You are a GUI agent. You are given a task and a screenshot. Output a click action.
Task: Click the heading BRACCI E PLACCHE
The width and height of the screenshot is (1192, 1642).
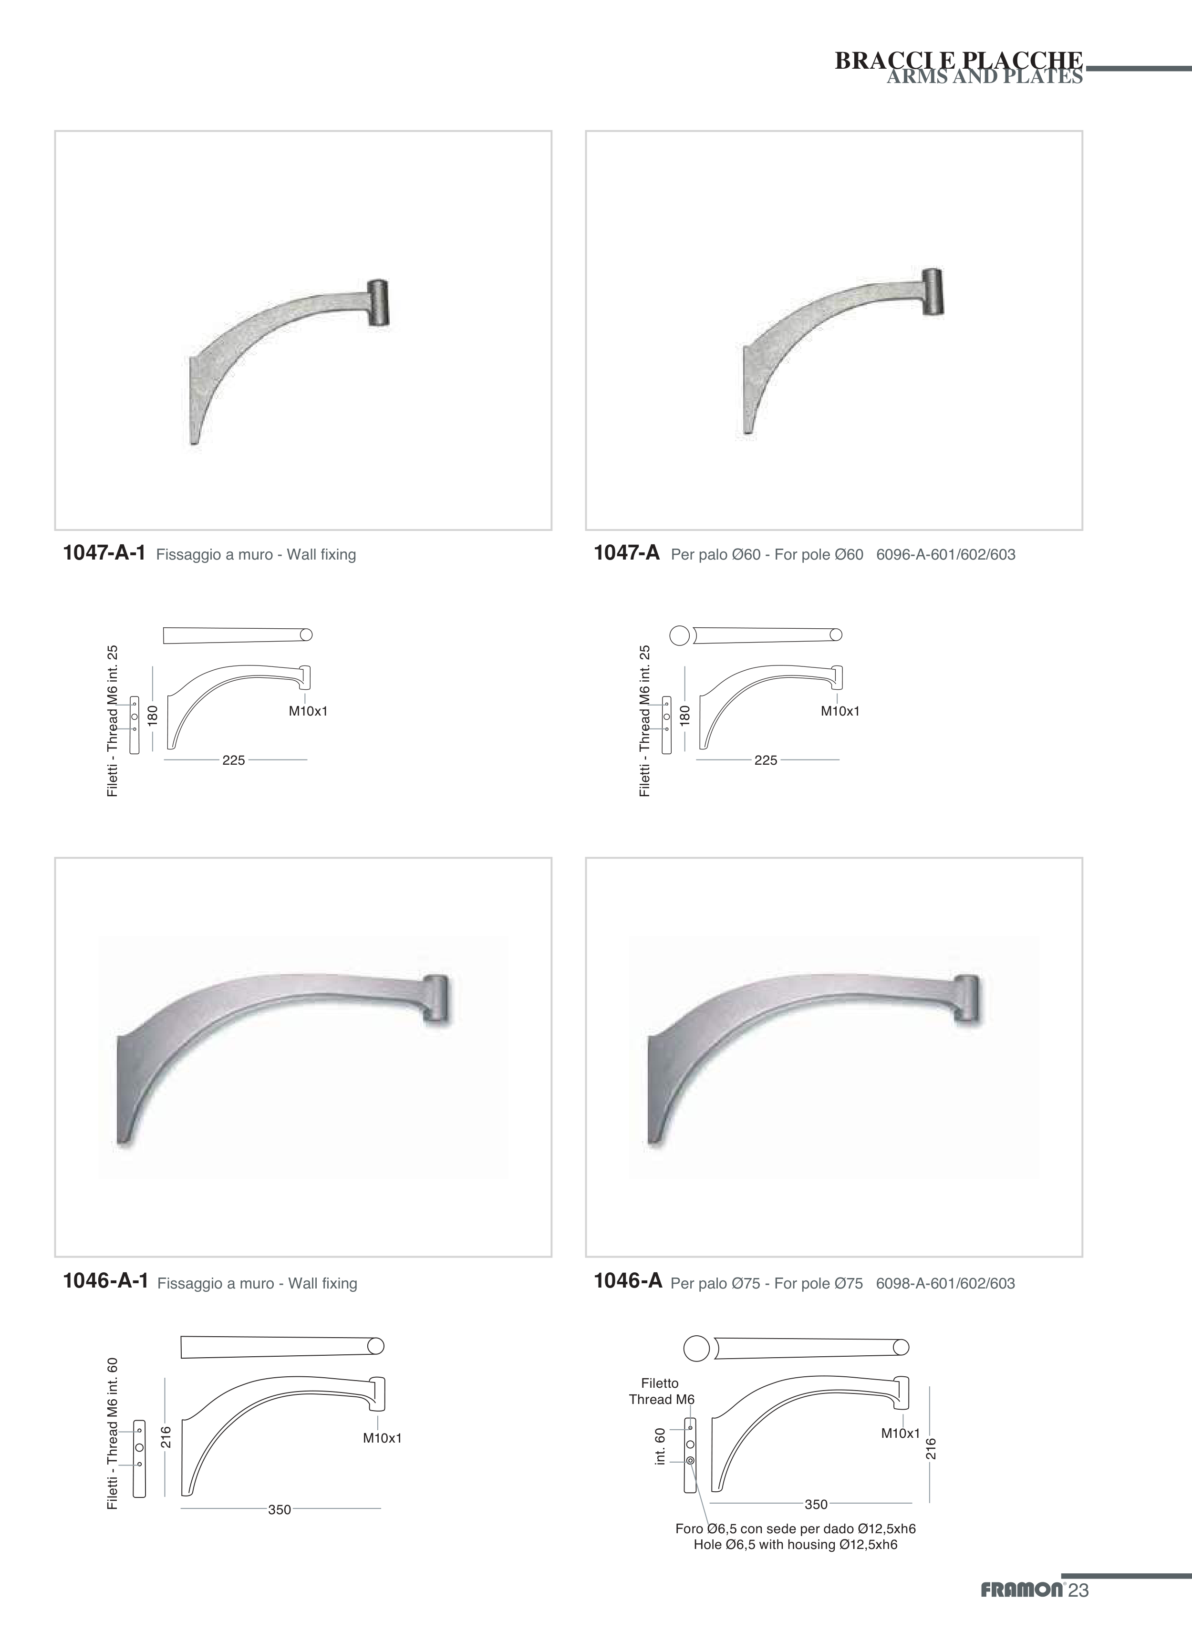959,60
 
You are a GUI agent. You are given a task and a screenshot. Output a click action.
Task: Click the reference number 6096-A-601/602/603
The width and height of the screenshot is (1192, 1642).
945,555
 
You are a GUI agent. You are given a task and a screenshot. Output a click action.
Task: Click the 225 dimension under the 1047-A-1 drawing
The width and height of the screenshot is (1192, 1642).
234,760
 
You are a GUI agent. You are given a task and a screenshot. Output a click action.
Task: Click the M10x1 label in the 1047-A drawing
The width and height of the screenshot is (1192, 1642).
840,711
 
